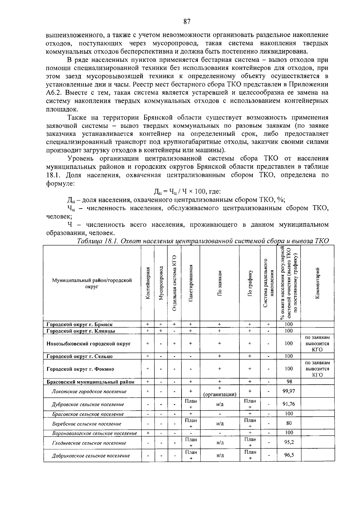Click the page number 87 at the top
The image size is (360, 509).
[x=187, y=22]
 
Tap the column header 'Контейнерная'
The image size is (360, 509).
[x=148, y=283]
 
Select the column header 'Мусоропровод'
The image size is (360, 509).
[x=161, y=283]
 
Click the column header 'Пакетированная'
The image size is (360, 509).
[x=190, y=283]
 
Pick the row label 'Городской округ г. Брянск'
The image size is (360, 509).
[x=80, y=324]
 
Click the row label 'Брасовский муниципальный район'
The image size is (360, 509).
[x=90, y=382]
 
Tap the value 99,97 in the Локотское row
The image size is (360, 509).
[x=289, y=391]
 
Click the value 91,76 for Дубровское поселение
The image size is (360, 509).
[x=289, y=404]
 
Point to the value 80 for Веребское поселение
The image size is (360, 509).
[x=289, y=423]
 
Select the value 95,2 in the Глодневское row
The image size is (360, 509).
[x=289, y=442]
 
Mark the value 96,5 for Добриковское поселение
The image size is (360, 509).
[x=289, y=455]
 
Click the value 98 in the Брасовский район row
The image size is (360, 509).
[x=289, y=382]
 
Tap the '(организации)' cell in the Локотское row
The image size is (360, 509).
[x=220, y=394]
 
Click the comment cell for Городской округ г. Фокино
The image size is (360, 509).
[x=317, y=369]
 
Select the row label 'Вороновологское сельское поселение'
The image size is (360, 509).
[x=94, y=433]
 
